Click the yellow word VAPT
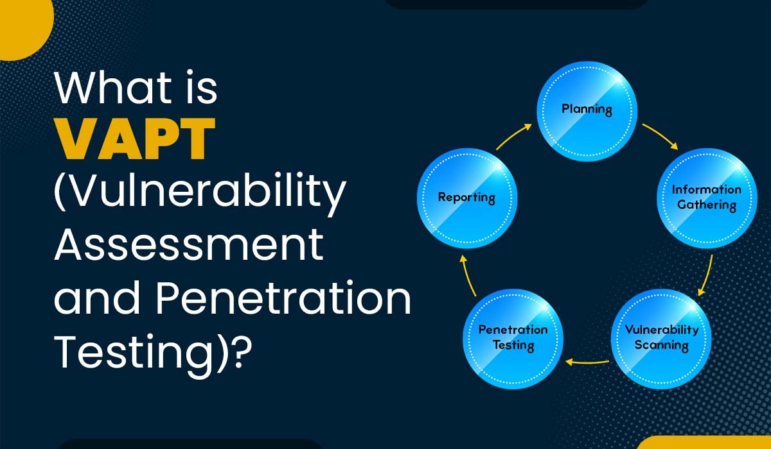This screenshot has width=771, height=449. point(135,139)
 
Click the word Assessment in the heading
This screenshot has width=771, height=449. point(189,244)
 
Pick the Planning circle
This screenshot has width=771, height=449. point(587,112)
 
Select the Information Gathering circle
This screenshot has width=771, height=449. point(707,198)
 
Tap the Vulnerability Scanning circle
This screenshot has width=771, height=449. point(661,339)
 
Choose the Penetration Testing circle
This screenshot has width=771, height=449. point(513,339)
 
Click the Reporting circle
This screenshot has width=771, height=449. point(467,198)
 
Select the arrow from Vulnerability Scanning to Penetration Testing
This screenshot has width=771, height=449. point(587,362)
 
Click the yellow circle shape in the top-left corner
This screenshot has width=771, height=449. point(24,28)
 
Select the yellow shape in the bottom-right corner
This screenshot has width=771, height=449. point(702,443)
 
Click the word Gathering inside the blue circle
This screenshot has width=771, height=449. point(707,205)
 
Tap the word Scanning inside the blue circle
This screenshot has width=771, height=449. point(661,345)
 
